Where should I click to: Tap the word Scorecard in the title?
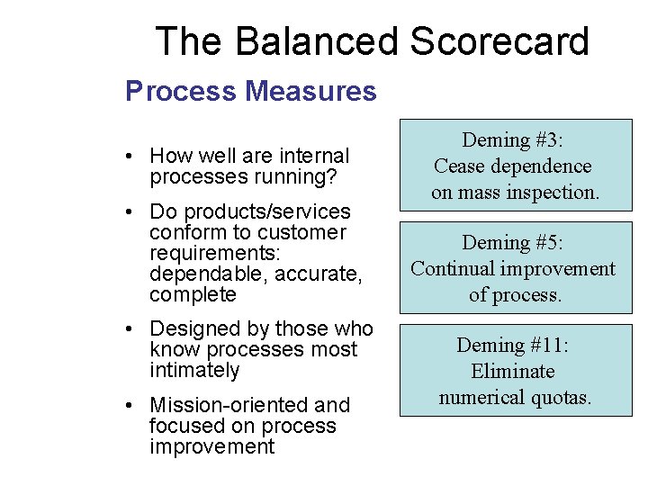pos(499,42)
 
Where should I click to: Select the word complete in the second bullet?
pos(193,294)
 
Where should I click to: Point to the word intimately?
pos(194,370)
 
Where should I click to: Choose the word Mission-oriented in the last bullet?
pos(225,405)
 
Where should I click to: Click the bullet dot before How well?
pos(131,157)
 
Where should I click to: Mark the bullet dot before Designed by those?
pos(131,329)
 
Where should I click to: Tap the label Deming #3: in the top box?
pos(514,139)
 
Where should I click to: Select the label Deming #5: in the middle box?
pos(514,242)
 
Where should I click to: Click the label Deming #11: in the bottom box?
pos(514,345)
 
